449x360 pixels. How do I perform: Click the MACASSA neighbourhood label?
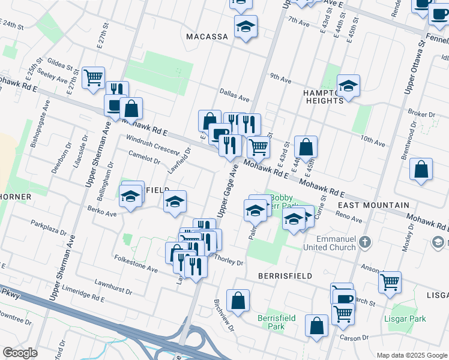point(206,37)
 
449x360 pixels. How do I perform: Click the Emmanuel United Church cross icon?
point(365,244)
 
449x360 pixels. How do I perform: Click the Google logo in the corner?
point(20,353)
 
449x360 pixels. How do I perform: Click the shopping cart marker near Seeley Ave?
point(93,77)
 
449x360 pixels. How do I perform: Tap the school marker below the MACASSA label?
point(246,28)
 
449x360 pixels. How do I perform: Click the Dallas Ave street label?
point(234,97)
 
